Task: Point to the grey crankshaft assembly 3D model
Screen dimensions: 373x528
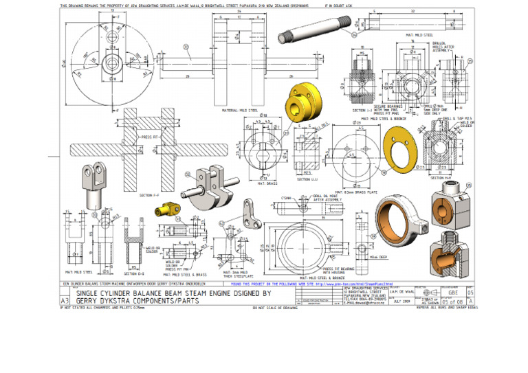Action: [x=206, y=182]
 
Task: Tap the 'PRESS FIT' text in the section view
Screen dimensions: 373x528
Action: [x=149, y=137]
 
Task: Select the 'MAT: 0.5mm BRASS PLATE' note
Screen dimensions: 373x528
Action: [x=356, y=192]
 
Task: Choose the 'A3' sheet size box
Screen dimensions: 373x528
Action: [x=65, y=300]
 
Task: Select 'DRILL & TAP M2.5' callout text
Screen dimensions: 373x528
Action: [x=459, y=118]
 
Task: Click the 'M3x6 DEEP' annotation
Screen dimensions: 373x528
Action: [x=378, y=256]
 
